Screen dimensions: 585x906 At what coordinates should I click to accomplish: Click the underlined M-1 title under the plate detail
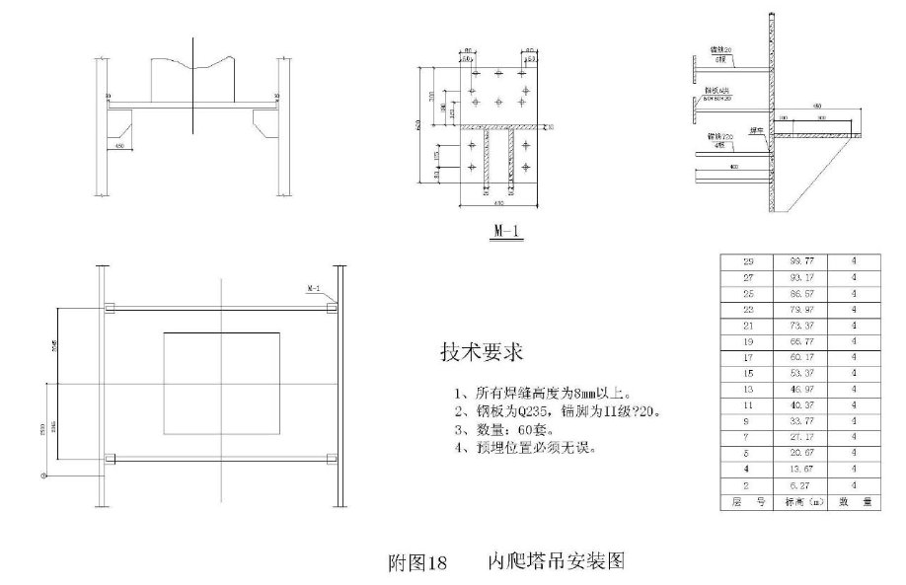[505, 233]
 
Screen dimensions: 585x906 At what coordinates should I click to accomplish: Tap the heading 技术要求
[481, 351]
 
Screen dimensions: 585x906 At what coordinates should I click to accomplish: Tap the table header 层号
[747, 502]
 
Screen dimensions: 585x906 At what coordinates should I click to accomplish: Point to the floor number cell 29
[747, 261]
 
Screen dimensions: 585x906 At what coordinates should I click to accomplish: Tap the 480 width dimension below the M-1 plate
[498, 204]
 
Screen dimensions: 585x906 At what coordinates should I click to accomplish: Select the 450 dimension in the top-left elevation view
[119, 147]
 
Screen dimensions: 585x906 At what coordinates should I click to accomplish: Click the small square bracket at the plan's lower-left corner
[110, 458]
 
